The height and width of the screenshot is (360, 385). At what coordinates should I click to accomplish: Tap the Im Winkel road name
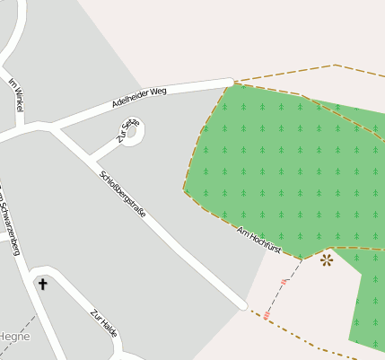pyautogui.click(x=15, y=94)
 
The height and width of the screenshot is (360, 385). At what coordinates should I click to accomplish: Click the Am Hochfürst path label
pyautogui.click(x=258, y=243)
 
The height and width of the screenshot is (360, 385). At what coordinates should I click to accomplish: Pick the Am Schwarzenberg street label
pyautogui.click(x=9, y=220)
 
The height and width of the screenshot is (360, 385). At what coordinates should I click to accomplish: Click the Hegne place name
pyautogui.click(x=15, y=337)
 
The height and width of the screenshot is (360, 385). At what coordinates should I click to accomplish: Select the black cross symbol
pyautogui.click(x=42, y=285)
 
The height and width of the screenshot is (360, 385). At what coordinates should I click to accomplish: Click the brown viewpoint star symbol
pyautogui.click(x=326, y=260)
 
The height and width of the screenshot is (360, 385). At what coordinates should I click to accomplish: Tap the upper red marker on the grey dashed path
pyautogui.click(x=284, y=282)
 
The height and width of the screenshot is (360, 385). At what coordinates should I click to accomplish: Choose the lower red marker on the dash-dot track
pyautogui.click(x=267, y=315)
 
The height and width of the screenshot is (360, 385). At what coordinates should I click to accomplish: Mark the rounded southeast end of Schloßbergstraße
pyautogui.click(x=242, y=305)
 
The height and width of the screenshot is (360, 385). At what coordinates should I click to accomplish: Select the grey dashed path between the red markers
pyautogui.click(x=276, y=297)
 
